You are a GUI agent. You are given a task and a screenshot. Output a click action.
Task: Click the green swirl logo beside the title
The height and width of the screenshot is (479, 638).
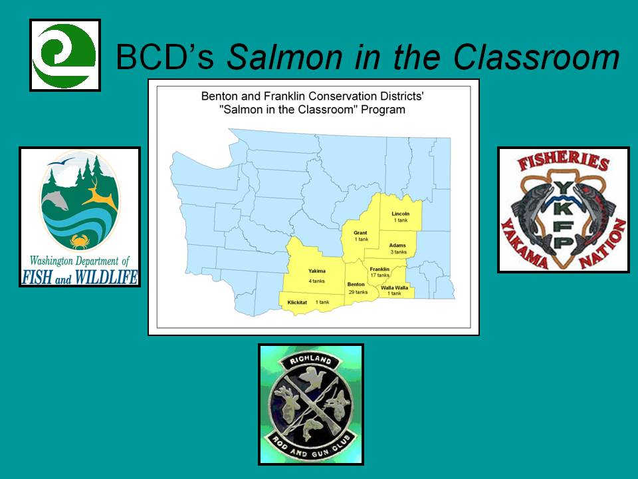pyautogui.click(x=64, y=55)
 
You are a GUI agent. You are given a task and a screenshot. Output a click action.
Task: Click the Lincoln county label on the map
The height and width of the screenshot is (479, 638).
pyautogui.click(x=400, y=214)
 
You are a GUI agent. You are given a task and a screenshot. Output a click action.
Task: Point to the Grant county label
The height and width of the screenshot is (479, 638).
pyautogui.click(x=360, y=233)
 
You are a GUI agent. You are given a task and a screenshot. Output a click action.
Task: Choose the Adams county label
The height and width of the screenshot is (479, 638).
pyautogui.click(x=397, y=245)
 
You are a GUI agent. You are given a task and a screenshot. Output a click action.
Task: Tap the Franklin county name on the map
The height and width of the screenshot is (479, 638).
pyautogui.click(x=379, y=269)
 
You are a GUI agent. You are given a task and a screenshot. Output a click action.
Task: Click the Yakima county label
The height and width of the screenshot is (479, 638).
pyautogui.click(x=316, y=271)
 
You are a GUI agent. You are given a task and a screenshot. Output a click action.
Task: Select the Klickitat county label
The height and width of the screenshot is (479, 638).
pyautogui.click(x=297, y=302)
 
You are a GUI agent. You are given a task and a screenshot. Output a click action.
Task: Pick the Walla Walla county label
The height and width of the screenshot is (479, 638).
pyautogui.click(x=394, y=287)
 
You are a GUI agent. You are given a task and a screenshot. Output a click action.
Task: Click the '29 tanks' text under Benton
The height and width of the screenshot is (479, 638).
pyautogui.click(x=358, y=292)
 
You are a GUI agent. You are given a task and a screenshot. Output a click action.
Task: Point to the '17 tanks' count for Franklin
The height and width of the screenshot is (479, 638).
pyautogui.click(x=379, y=275)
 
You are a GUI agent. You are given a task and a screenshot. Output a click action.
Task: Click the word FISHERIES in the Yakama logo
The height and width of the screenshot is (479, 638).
pyautogui.click(x=563, y=161)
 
